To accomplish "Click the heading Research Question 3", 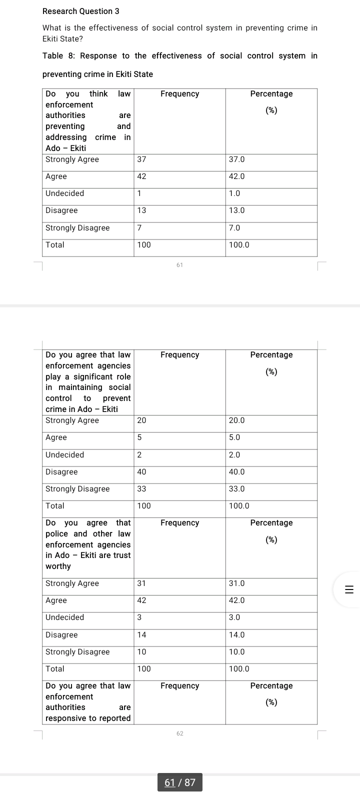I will click(81, 11).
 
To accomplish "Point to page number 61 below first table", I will click(180, 265).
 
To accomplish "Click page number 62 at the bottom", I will click(180, 733).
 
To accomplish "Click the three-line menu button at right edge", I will click(349, 589).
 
